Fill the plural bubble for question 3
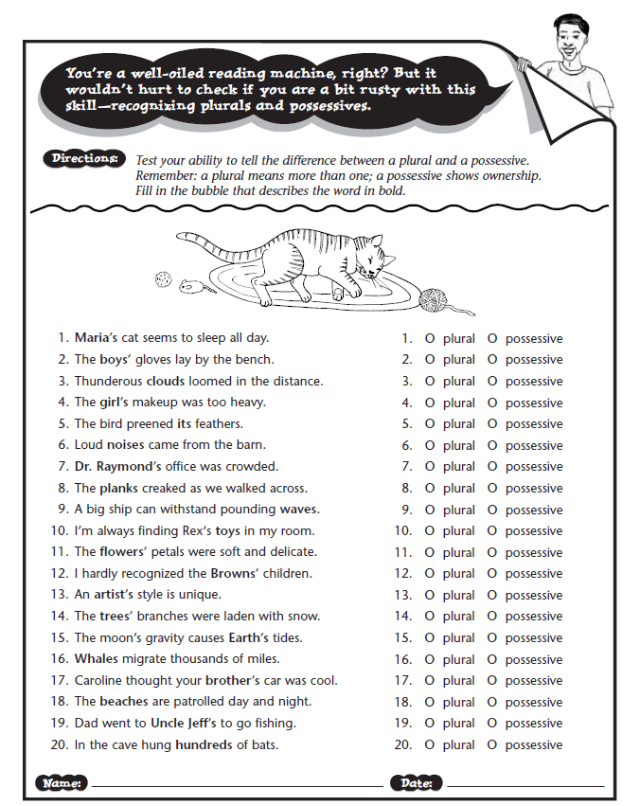pos(430,382)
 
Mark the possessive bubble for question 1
pos(492,339)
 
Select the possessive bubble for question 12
pos(492,574)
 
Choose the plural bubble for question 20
pos(430,744)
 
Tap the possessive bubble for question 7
pos(492,467)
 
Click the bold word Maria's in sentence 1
pos(96,338)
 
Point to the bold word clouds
pos(166,381)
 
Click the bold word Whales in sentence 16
pos(96,658)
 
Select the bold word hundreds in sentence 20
pos(204,744)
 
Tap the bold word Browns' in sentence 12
pos(234,573)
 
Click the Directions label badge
pos(85,158)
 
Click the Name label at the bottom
pos(62,783)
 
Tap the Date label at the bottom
pos(416,783)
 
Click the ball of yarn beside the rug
pos(433,300)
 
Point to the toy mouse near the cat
pos(191,286)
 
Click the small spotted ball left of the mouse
pos(164,279)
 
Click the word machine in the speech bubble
pos(301,73)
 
